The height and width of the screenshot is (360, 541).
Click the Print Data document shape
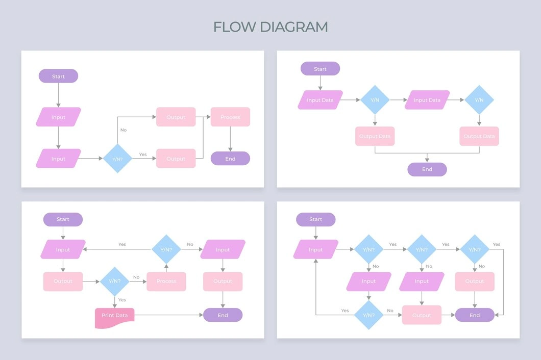click(x=114, y=316)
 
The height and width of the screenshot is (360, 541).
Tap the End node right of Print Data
click(x=223, y=315)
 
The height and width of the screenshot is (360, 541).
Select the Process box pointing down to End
click(x=230, y=117)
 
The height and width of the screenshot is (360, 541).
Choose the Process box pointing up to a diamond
click(x=166, y=281)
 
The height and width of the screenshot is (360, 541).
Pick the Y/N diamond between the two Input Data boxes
click(x=375, y=100)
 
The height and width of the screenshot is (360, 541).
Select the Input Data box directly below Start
click(x=320, y=100)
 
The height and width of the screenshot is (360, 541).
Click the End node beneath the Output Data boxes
click(x=427, y=169)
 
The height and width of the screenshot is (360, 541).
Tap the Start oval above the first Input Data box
click(x=320, y=69)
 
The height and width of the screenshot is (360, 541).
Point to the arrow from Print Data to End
click(x=168, y=315)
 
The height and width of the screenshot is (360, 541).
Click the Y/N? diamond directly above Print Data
click(x=115, y=281)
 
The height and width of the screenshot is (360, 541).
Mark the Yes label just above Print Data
click(x=122, y=300)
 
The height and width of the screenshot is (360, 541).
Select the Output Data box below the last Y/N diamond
click(x=479, y=136)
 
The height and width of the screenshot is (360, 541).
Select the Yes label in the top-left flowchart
click(x=143, y=155)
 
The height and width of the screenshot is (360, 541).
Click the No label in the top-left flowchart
click(x=124, y=130)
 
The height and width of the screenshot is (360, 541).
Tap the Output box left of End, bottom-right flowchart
click(x=422, y=315)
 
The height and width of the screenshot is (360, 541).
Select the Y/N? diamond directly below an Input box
click(x=368, y=315)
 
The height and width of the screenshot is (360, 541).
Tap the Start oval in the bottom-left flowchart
click(x=63, y=219)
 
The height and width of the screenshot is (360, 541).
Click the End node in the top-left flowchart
click(x=230, y=159)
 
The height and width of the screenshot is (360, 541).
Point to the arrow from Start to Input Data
click(x=320, y=83)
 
